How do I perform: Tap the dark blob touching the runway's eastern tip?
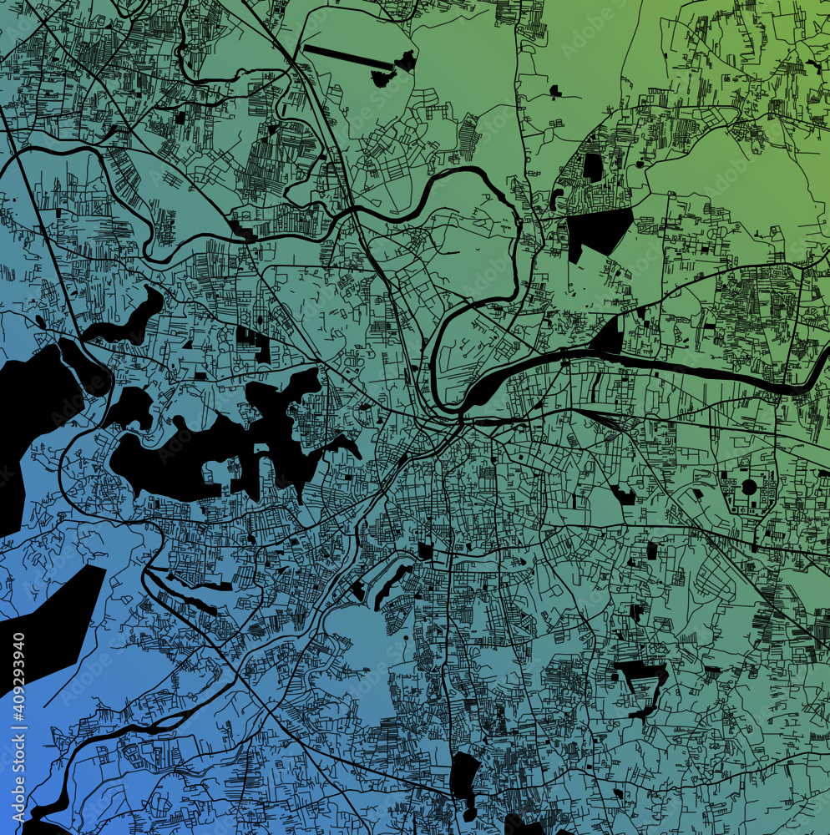click(407, 61)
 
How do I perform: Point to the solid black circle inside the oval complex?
click(749, 487)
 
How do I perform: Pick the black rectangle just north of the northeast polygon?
click(592, 167)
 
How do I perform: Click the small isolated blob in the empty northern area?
click(554, 90)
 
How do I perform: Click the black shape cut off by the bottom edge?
click(522, 827)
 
